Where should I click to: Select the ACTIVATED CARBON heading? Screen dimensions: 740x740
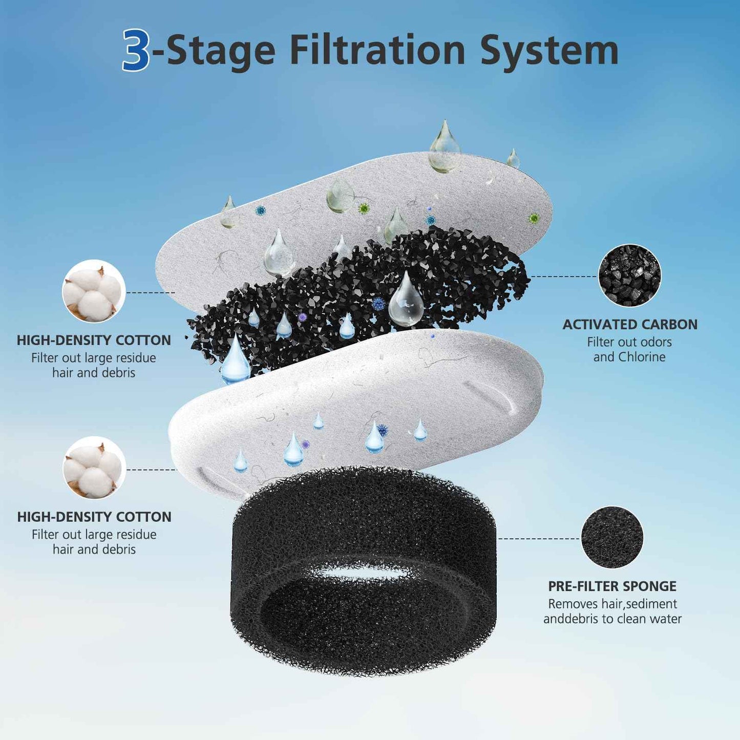coord(630,324)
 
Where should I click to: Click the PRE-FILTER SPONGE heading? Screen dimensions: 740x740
coord(612,586)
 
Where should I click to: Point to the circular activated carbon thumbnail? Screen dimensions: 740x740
coord(629,276)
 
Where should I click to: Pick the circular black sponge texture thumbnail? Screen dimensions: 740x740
coord(612,537)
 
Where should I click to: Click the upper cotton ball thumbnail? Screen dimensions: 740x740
coord(94,291)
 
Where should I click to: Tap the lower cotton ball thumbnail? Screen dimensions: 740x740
coord(94,468)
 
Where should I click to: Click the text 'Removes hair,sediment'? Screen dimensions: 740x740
coord(612,604)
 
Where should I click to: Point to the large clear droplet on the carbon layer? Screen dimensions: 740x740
coord(406,301)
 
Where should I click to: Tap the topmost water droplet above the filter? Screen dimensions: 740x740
coord(444,147)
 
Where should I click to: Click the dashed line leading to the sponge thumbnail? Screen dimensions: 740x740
coord(539,538)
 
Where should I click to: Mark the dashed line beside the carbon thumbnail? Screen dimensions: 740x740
coord(563,276)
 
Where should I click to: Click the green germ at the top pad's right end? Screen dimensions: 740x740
coord(534,219)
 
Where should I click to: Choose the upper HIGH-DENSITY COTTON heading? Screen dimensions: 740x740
coord(94,340)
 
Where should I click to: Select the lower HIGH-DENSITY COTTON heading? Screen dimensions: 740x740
coord(94,517)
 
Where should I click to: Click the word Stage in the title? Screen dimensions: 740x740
coord(221,51)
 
